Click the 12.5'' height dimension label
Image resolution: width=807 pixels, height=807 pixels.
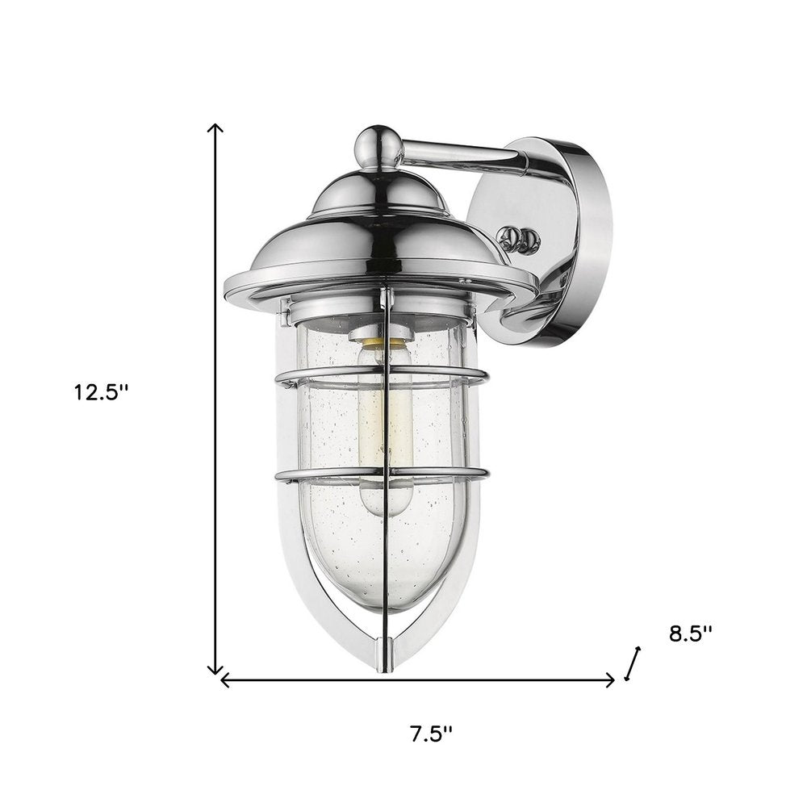(102, 393)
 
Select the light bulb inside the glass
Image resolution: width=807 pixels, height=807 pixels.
(386, 436)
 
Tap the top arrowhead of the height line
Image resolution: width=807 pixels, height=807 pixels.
(215, 128)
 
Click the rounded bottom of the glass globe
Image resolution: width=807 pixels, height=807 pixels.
(387, 593)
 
